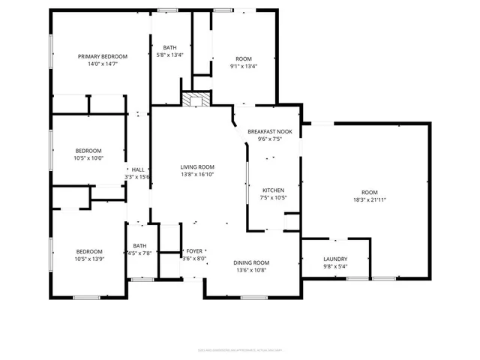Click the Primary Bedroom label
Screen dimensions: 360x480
click(103, 56)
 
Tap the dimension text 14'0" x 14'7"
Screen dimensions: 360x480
click(103, 64)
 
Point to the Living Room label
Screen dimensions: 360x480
click(197, 166)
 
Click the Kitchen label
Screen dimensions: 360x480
click(274, 190)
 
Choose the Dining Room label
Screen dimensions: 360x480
click(252, 262)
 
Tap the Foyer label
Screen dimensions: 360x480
click(194, 251)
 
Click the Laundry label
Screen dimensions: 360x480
click(334, 259)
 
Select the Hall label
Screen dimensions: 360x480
click(138, 170)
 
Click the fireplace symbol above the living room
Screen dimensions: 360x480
click(196, 100)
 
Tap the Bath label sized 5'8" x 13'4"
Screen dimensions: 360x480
click(170, 47)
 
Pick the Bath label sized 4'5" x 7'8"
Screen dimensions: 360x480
click(140, 246)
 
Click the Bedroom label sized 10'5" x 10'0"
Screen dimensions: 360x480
click(88, 150)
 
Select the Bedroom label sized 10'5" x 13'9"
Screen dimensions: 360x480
click(88, 251)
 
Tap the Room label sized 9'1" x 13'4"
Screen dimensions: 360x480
click(243, 58)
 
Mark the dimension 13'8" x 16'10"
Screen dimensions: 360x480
click(197, 174)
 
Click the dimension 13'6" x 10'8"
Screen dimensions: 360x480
click(252, 270)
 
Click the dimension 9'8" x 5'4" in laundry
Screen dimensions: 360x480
click(334, 266)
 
